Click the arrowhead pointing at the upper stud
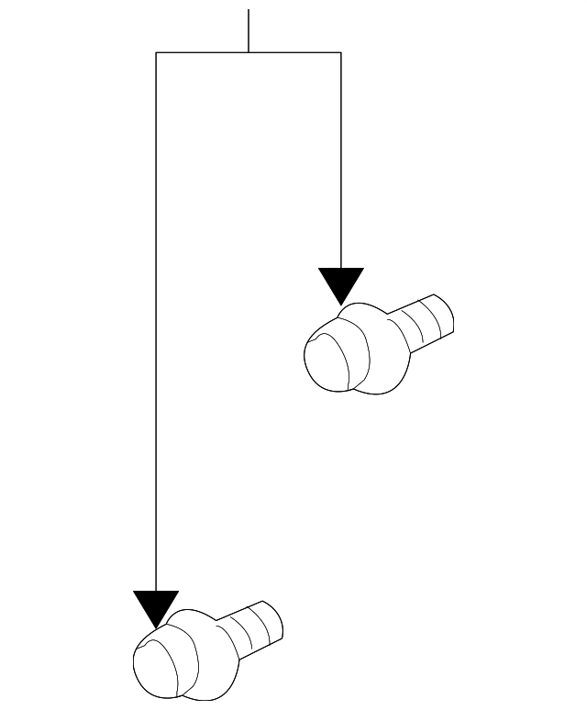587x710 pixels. tap(341, 283)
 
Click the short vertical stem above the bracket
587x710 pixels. tap(249, 31)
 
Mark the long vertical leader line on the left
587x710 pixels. tap(156, 321)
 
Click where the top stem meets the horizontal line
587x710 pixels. tap(249, 53)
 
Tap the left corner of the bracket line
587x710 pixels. tap(156, 53)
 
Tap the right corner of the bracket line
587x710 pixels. tap(341, 53)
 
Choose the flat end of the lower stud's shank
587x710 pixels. tap(275, 621)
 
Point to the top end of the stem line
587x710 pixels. tap(249, 11)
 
